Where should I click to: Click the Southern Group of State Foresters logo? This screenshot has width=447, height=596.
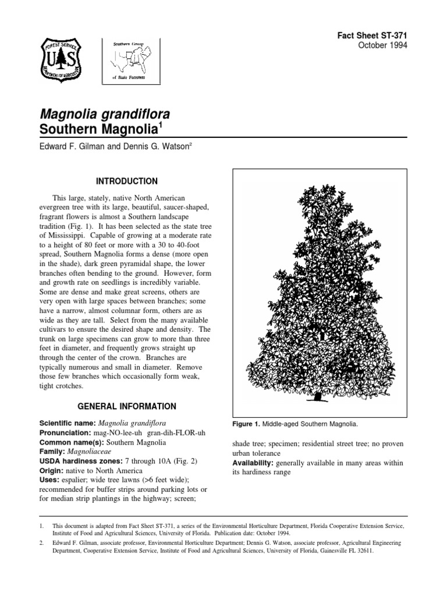click(x=130, y=60)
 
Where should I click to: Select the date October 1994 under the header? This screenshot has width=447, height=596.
click(x=384, y=46)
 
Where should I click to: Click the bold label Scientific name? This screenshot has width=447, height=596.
click(x=68, y=423)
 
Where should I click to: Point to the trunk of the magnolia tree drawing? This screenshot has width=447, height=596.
click(x=318, y=398)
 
